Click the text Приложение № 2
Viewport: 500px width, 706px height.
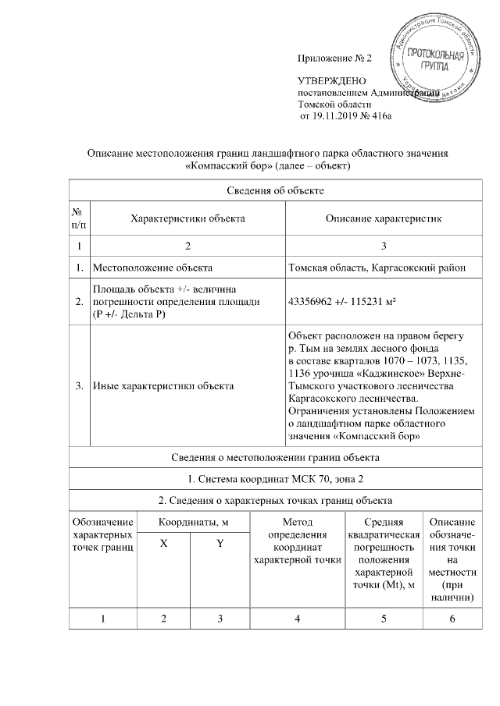(337, 59)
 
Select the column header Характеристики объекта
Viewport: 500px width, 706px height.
(187, 218)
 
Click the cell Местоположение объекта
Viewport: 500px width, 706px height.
(153, 268)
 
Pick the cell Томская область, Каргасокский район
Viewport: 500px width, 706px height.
(377, 268)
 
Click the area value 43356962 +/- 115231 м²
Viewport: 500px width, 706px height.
(348, 302)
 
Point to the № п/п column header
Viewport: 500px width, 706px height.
(77, 218)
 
